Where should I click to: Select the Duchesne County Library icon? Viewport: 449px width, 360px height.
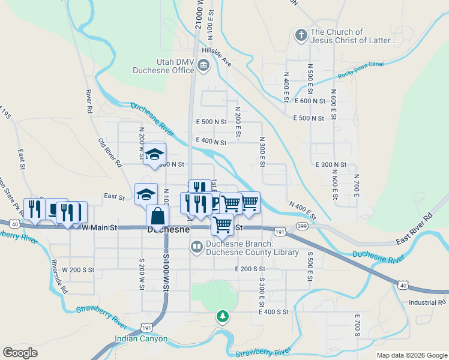[196, 247]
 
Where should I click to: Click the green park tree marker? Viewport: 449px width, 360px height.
[223, 316]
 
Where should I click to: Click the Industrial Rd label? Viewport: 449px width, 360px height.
[429, 302]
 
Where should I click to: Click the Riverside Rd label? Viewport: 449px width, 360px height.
[60, 276]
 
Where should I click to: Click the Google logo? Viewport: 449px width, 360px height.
[20, 353]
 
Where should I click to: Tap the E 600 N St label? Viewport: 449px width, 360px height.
[310, 101]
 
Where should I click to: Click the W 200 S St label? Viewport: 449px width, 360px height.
[79, 270]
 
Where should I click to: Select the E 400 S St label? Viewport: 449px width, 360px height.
[274, 312]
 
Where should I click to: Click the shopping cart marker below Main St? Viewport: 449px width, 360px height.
[223, 224]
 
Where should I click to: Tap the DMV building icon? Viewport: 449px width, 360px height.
[203, 65]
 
